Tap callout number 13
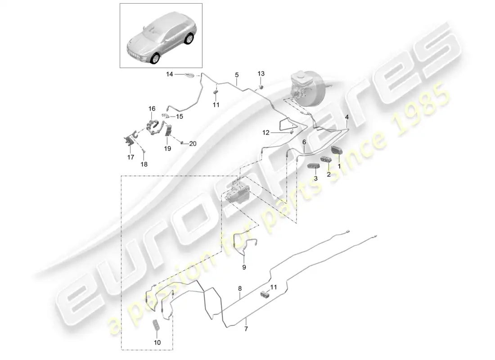point(261,74)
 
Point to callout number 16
point(152,108)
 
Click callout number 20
point(193,144)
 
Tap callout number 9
point(244,267)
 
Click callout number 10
point(157,342)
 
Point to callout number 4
point(346,117)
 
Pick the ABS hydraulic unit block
point(237,191)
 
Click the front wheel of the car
point(156,58)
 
